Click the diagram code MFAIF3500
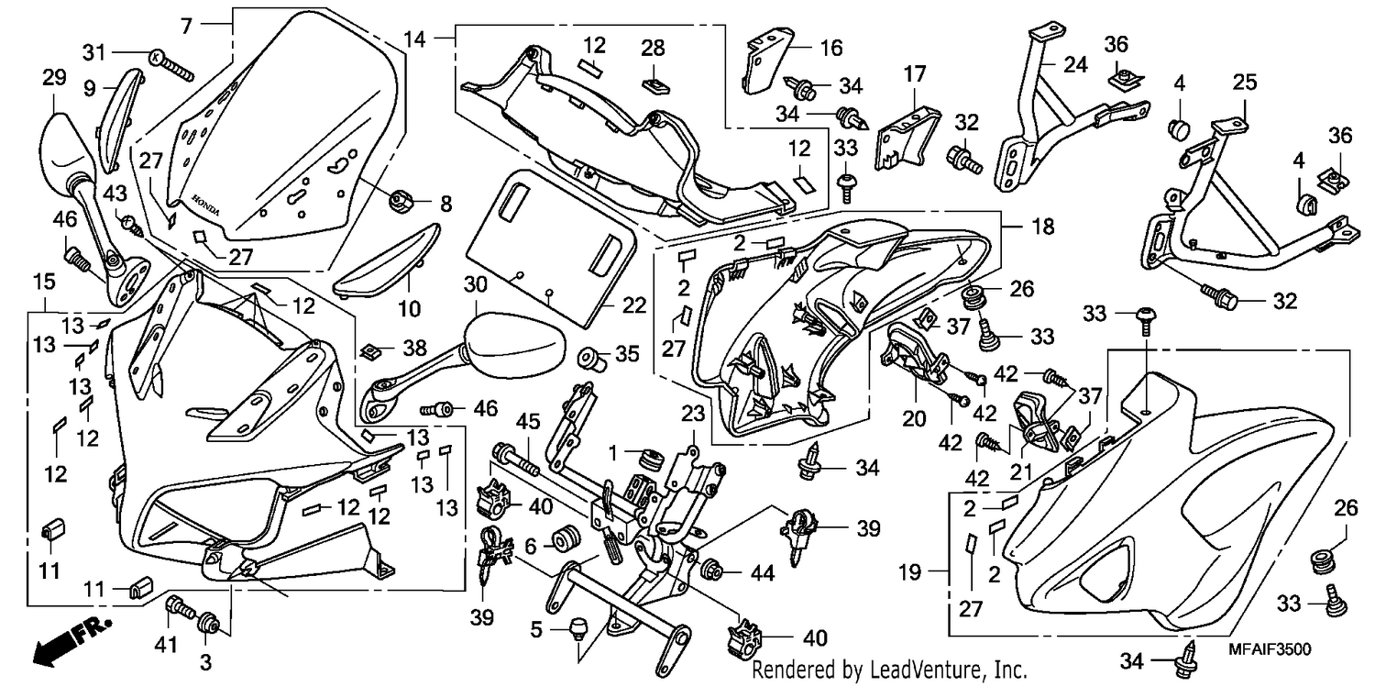pyautogui.click(x=1269, y=649)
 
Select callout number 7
pyautogui.click(x=187, y=26)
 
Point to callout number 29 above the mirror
pyautogui.click(x=54, y=78)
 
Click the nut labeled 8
pyautogui.click(x=400, y=201)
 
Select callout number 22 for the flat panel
pyautogui.click(x=634, y=305)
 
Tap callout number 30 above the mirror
pyautogui.click(x=475, y=284)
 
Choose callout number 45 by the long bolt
pyautogui.click(x=527, y=422)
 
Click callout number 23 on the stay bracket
pyautogui.click(x=693, y=414)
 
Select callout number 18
pyautogui.click(x=1042, y=227)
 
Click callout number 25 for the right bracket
pyautogui.click(x=1245, y=83)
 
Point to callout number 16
pyautogui.click(x=831, y=48)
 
